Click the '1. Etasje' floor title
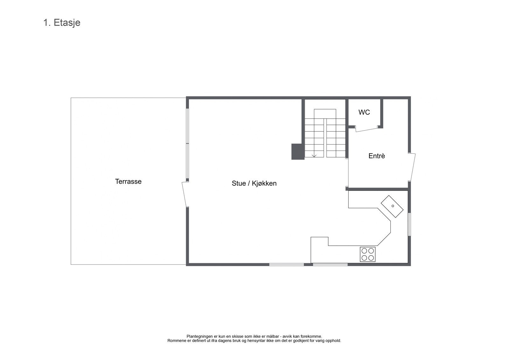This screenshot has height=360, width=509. (x=62, y=23)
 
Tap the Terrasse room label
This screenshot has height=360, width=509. (x=128, y=181)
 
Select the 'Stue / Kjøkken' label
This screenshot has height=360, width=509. (x=254, y=183)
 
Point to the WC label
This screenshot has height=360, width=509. (x=364, y=112)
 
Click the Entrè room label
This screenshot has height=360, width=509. (x=377, y=156)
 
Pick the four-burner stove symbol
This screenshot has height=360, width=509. (x=367, y=254)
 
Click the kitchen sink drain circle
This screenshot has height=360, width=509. (x=393, y=206)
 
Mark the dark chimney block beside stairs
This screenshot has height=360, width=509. (x=298, y=152)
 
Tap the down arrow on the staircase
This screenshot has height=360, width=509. (x=314, y=155)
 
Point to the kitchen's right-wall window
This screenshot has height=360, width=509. (x=409, y=224)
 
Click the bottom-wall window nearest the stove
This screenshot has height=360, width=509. (x=330, y=264)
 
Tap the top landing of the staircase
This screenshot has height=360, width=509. (x=325, y=114)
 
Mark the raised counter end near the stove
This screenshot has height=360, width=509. (x=319, y=241)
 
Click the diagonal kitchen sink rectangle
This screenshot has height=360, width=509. (x=392, y=207)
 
